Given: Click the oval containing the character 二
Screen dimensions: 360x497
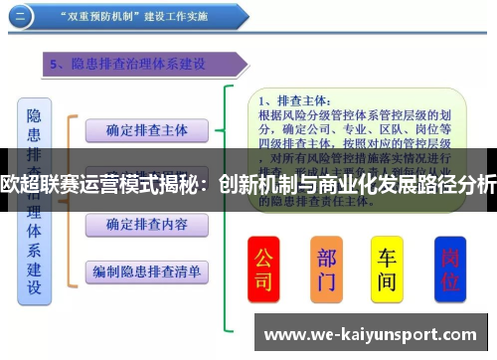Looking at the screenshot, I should [25, 16].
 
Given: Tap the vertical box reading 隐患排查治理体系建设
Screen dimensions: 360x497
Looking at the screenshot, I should [34, 199].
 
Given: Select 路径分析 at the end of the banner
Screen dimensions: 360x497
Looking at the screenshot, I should [456, 183].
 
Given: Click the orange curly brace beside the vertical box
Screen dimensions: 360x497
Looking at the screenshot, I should [70, 199].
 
